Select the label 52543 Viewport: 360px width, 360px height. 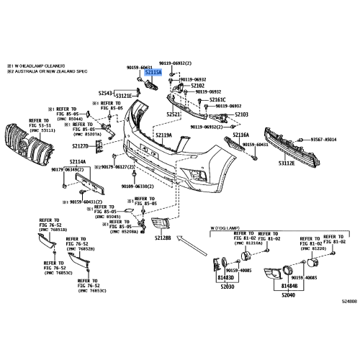[106, 94]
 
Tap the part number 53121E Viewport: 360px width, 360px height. [125, 96]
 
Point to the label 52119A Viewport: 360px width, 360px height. [164, 135]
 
